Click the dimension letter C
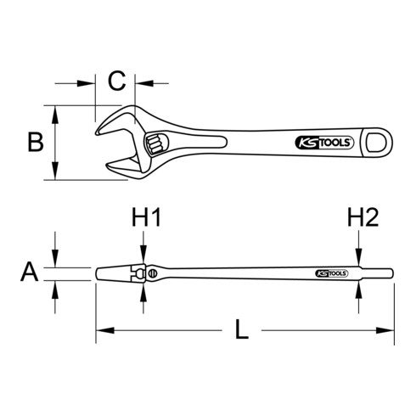[x=118, y=82]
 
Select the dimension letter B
[x=35, y=141]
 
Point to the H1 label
[x=146, y=219]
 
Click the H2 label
[x=362, y=219]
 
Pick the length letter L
[x=242, y=330]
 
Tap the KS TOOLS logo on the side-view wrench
[x=332, y=273]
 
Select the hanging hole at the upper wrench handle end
[x=373, y=143]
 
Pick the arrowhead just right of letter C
[x=141, y=83]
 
